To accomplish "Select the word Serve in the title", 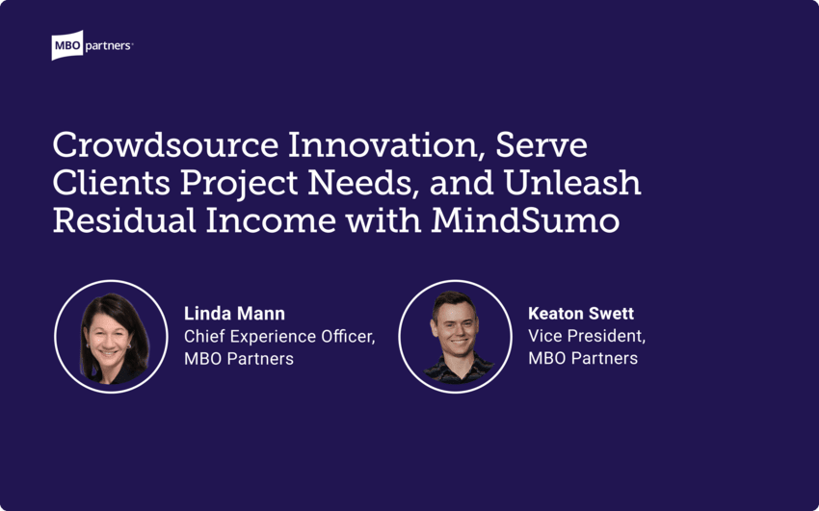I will click(x=545, y=146).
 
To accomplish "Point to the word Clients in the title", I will click(x=109, y=182).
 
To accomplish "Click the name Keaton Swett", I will click(x=581, y=315).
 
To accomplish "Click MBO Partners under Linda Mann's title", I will click(x=239, y=359).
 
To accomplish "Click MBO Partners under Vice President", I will click(x=583, y=359).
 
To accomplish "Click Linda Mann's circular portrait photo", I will click(x=111, y=337).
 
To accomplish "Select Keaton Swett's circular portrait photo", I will click(x=456, y=337).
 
